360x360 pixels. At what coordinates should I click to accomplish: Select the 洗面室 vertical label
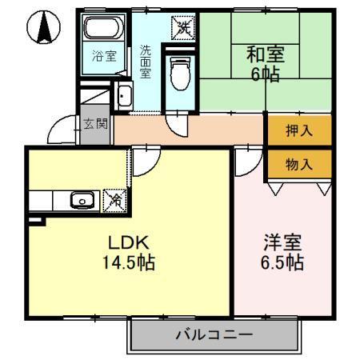click(145, 61)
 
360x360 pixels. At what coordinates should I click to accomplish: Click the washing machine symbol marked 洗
click(183, 26)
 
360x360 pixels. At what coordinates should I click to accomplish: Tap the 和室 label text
click(265, 56)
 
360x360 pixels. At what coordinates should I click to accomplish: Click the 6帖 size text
click(264, 77)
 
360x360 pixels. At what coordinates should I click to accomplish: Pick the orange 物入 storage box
click(298, 164)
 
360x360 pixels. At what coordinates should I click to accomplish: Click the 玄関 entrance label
click(94, 124)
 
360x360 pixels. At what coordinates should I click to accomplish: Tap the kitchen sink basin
click(79, 200)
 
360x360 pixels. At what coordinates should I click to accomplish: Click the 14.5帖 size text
click(128, 262)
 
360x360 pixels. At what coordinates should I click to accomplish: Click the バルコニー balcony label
click(214, 334)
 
